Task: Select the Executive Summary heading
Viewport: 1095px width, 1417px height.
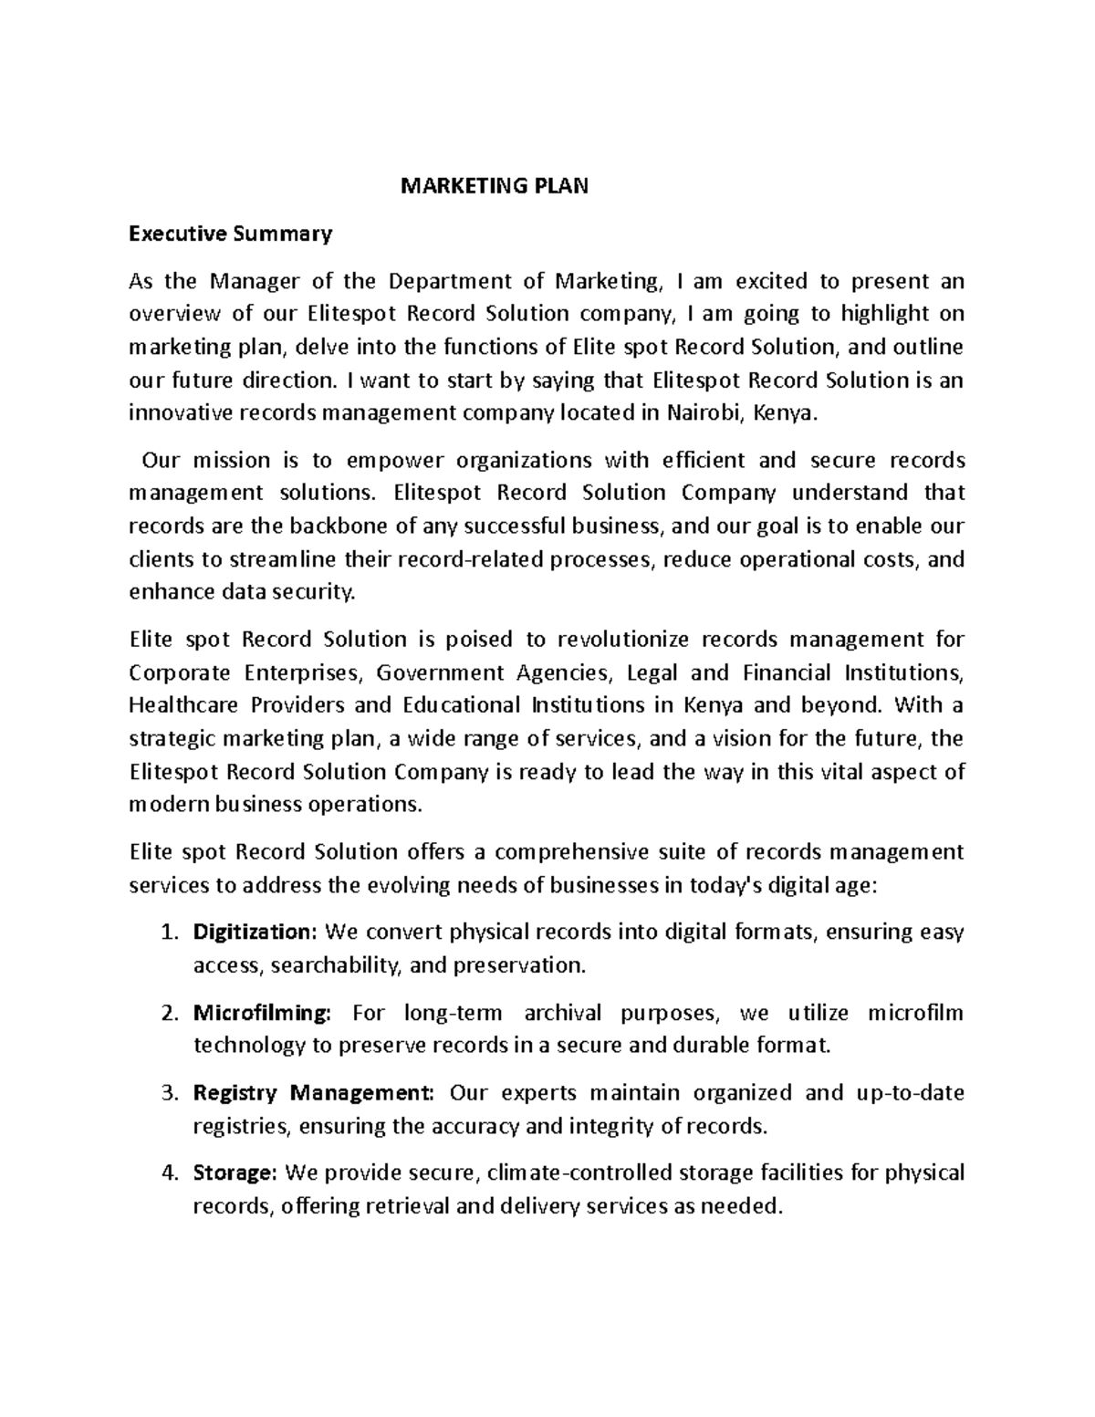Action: (231, 234)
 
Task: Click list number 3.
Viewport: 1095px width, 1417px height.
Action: (167, 1093)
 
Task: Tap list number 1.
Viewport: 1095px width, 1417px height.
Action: (167, 933)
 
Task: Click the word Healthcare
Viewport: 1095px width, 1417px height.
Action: (184, 705)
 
